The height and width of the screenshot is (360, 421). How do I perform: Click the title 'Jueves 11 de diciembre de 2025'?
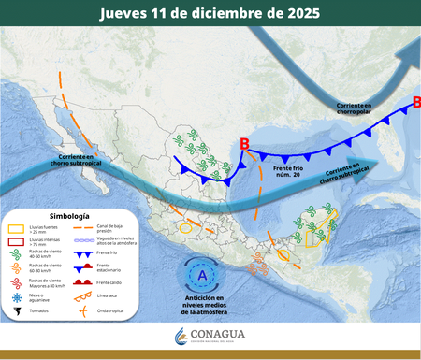tap(210, 13)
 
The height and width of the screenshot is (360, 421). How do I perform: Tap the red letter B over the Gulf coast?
tap(244, 143)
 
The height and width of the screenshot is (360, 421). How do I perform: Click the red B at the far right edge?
tap(415, 101)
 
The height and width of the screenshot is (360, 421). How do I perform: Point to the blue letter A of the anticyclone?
tap(199, 276)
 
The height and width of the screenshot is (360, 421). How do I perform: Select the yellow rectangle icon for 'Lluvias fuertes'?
tap(15, 229)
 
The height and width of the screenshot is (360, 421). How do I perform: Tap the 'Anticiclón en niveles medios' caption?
tap(198, 304)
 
